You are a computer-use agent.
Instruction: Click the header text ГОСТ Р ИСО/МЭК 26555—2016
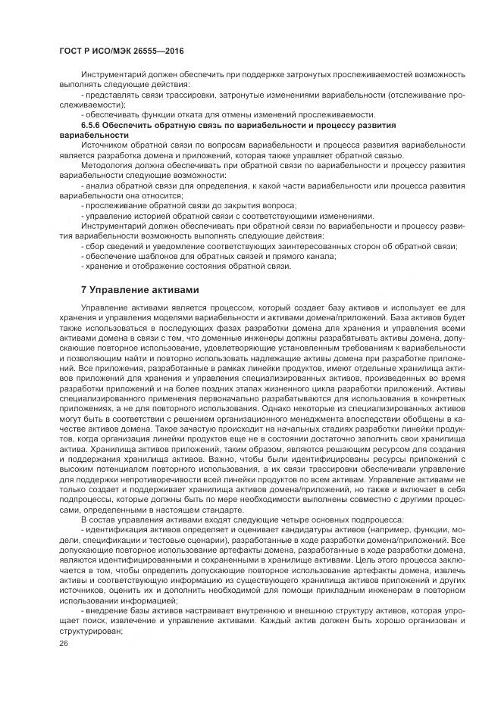[121, 51]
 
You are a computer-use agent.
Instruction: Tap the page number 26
[63, 643]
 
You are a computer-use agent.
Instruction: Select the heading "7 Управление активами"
[139, 289]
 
